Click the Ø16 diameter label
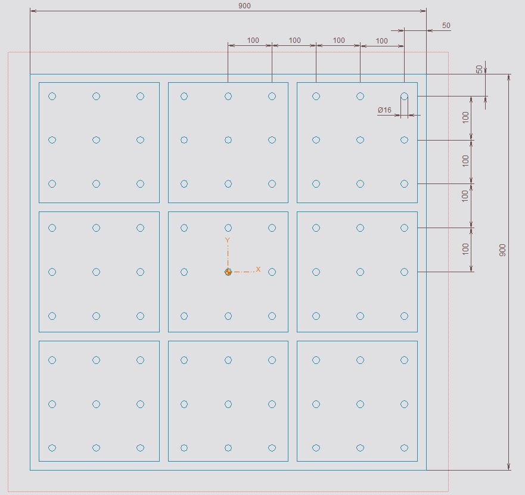coord(384,110)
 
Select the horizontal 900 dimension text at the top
coord(244,6)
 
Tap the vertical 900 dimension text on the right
coord(502,250)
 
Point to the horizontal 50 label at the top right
coord(446,26)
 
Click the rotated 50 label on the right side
coord(480,69)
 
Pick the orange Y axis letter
coord(228,240)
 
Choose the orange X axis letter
coord(258,269)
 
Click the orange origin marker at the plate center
coord(228,272)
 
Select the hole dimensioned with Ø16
coord(404,96)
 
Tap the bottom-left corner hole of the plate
coord(52,448)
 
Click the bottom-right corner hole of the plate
coord(404,448)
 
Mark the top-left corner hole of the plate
coord(52,96)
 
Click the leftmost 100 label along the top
coord(253,40)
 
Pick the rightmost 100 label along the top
coord(382,41)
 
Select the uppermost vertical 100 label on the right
coord(465,117)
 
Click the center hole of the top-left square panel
coord(96,140)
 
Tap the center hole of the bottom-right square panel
coord(361,404)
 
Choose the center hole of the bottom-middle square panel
coord(228,404)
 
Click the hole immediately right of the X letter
coord(272,272)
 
